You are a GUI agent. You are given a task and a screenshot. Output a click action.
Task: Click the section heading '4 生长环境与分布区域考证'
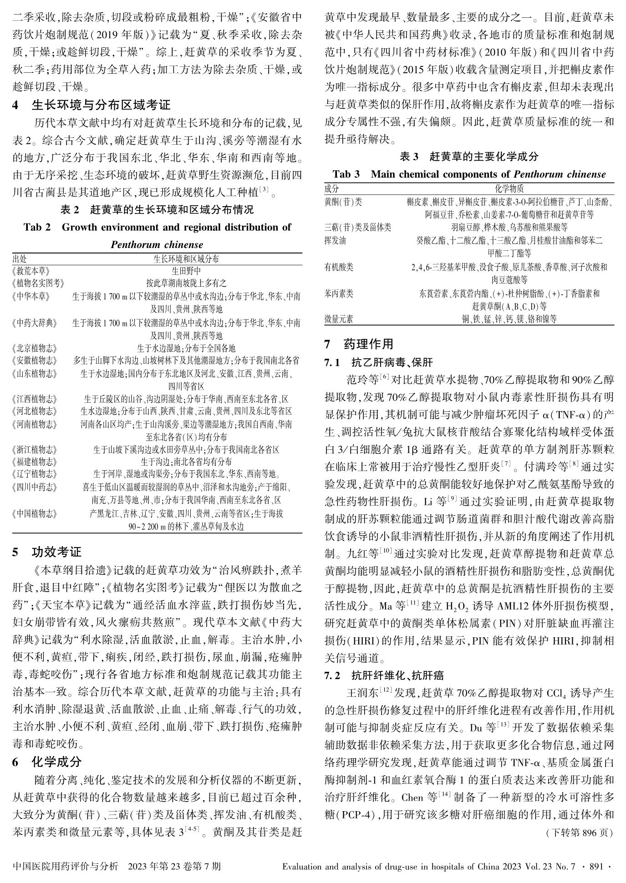point(91,105)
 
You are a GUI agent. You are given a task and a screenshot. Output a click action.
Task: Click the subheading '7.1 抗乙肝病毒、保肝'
point(378,363)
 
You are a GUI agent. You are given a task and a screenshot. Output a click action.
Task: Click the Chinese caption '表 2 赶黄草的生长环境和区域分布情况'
point(157,210)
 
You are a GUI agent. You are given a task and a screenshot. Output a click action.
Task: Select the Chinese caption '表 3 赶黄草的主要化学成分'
point(469,157)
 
